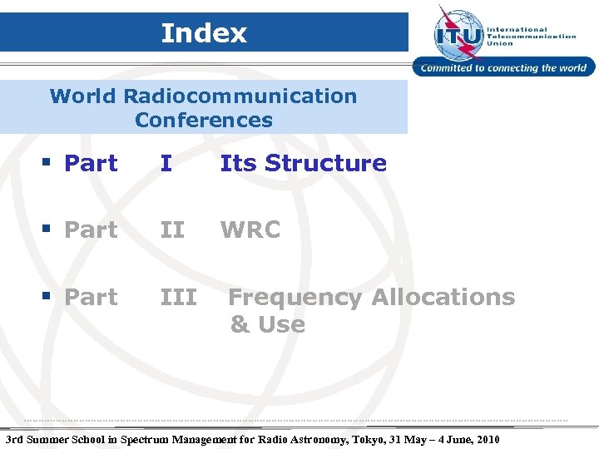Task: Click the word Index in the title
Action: (204, 33)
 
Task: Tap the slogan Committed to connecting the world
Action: (504, 68)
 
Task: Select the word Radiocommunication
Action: (240, 96)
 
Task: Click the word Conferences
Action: (204, 121)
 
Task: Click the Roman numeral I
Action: (166, 164)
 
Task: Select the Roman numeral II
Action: (171, 230)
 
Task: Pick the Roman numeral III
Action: (178, 297)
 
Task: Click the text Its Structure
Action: (304, 164)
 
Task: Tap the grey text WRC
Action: (250, 230)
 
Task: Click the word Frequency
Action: (295, 298)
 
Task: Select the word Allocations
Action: (443, 297)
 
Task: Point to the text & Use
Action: (267, 324)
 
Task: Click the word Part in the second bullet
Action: (91, 230)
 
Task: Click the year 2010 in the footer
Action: (487, 439)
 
